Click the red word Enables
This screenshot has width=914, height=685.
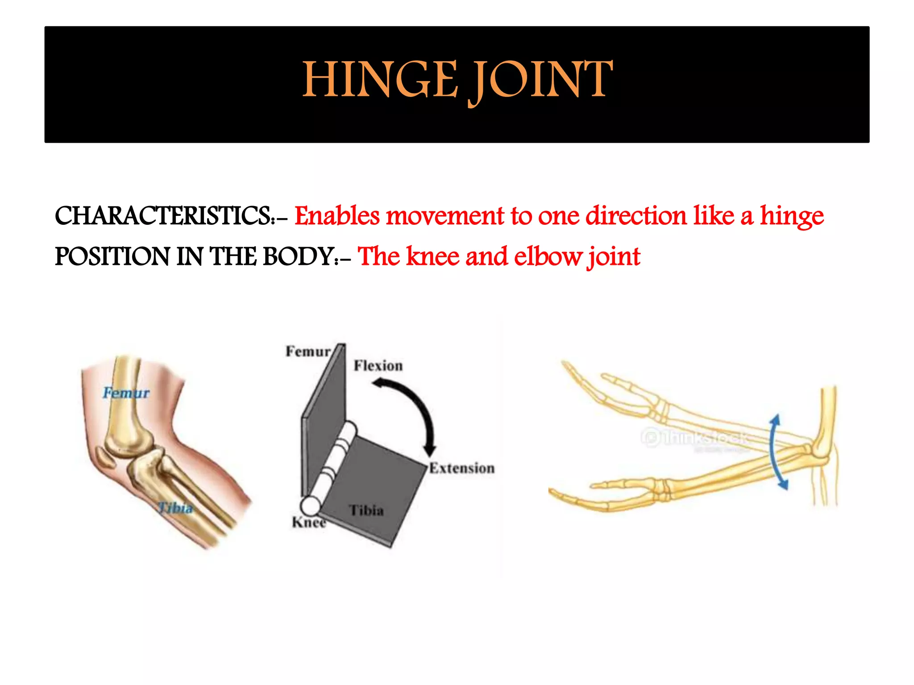click(337, 216)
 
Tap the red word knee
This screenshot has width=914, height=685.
click(432, 257)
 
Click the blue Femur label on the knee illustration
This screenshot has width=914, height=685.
click(126, 393)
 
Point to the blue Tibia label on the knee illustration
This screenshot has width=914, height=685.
click(176, 508)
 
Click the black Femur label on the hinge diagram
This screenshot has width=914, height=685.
click(308, 351)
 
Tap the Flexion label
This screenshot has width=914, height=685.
click(378, 366)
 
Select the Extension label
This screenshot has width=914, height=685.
click(462, 468)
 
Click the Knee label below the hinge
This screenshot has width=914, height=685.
click(309, 522)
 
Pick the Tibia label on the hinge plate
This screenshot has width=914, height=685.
click(366, 510)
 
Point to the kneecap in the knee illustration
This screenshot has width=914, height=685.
click(106, 458)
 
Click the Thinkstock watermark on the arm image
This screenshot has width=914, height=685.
click(696, 437)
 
